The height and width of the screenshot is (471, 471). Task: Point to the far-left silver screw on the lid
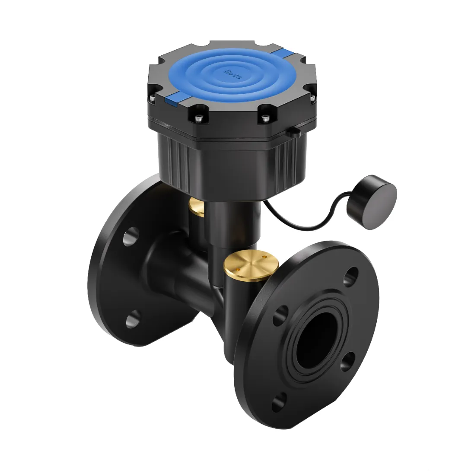(x=152, y=99)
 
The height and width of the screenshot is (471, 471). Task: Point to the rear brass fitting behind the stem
(x=197, y=207)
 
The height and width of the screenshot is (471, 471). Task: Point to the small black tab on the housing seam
(x=295, y=132)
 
